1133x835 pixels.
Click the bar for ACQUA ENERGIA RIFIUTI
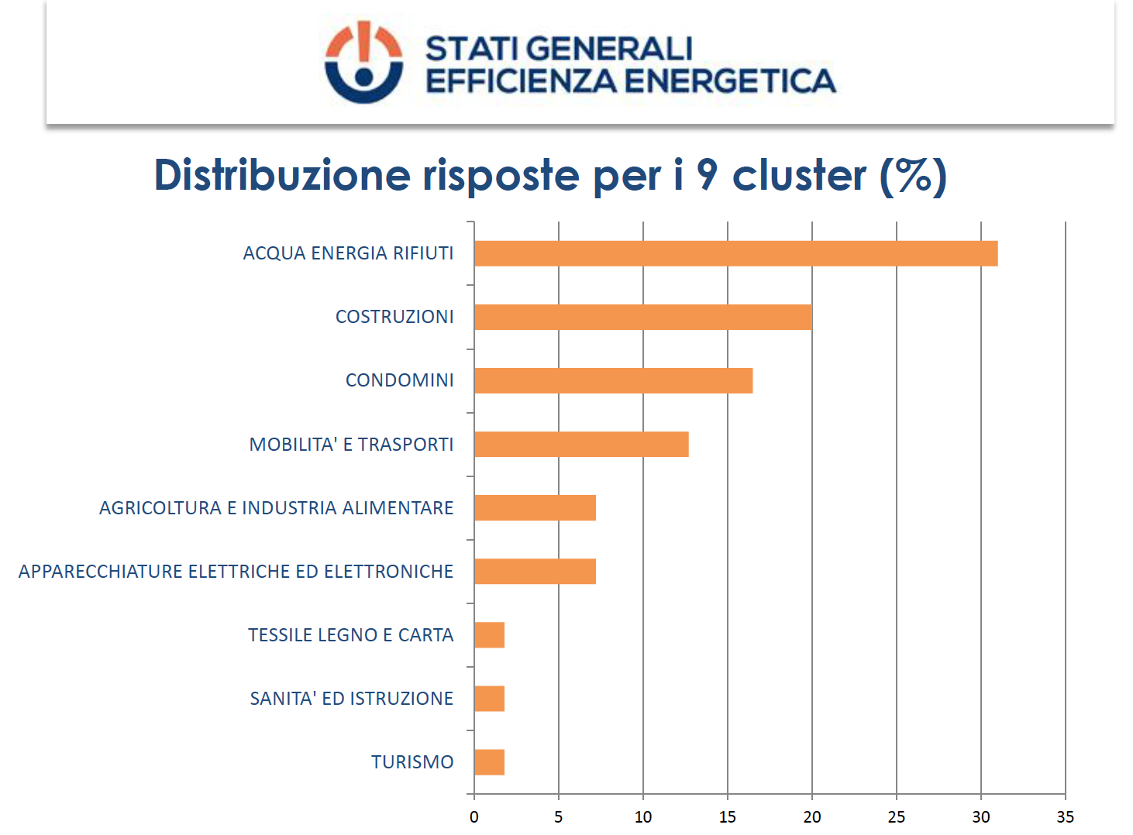click(x=735, y=253)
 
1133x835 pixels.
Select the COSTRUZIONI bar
click(x=642, y=317)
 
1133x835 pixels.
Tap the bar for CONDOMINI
click(x=613, y=380)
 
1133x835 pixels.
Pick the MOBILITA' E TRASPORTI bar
click(x=581, y=445)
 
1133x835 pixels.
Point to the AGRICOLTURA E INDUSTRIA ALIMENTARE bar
click(x=535, y=508)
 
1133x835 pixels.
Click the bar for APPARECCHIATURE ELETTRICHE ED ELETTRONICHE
click(x=535, y=572)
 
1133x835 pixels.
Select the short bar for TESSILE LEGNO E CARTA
click(x=489, y=635)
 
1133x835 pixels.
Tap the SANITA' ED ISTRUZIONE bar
click(x=489, y=699)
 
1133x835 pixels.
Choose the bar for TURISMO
click(x=489, y=762)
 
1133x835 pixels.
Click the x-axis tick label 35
click(x=1065, y=817)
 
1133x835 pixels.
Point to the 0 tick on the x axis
click(x=474, y=817)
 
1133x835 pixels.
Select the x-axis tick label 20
click(x=811, y=817)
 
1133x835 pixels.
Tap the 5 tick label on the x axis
click(x=558, y=817)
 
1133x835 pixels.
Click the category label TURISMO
click(x=412, y=762)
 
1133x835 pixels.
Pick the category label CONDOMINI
click(x=399, y=380)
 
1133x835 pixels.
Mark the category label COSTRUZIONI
click(x=394, y=317)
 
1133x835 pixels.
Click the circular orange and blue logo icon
click(x=363, y=62)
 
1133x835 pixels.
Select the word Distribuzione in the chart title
click(x=282, y=175)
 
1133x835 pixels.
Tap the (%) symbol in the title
click(x=913, y=176)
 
